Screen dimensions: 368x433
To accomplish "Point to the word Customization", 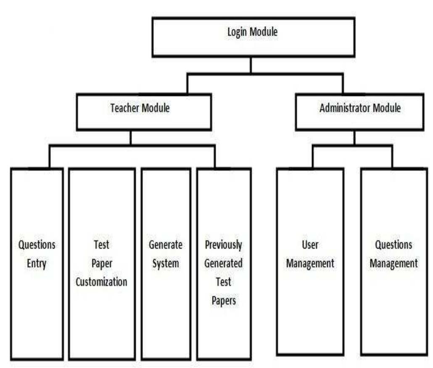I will [101, 281].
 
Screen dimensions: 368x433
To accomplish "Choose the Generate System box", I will [166, 264].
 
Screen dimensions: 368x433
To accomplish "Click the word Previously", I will [224, 245].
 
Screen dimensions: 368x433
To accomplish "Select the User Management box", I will [310, 261].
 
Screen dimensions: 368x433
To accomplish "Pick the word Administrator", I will [343, 108].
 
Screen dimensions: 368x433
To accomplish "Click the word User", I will [310, 245].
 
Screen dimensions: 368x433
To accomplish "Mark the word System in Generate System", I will [166, 264].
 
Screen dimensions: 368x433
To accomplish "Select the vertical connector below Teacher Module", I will [130, 138].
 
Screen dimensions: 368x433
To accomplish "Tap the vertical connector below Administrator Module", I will [354, 138].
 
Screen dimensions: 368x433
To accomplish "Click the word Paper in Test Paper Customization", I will [101, 263].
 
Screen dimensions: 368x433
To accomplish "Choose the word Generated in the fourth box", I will [224, 263].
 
